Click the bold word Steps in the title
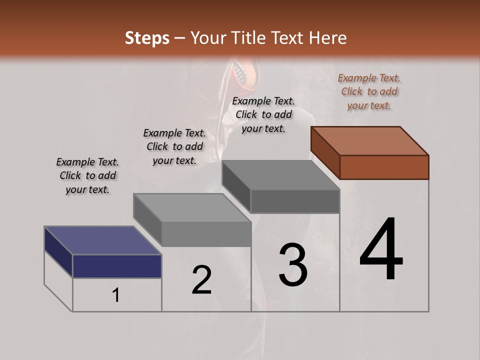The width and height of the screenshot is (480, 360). [x=147, y=38]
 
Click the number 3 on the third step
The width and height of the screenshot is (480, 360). [x=293, y=264]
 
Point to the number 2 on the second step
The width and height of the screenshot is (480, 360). [x=202, y=280]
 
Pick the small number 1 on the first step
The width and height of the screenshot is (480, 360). [x=115, y=295]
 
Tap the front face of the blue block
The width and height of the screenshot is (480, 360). [x=117, y=266]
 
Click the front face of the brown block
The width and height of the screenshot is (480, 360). [x=384, y=167]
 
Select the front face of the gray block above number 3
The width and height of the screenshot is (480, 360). [x=295, y=201]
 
